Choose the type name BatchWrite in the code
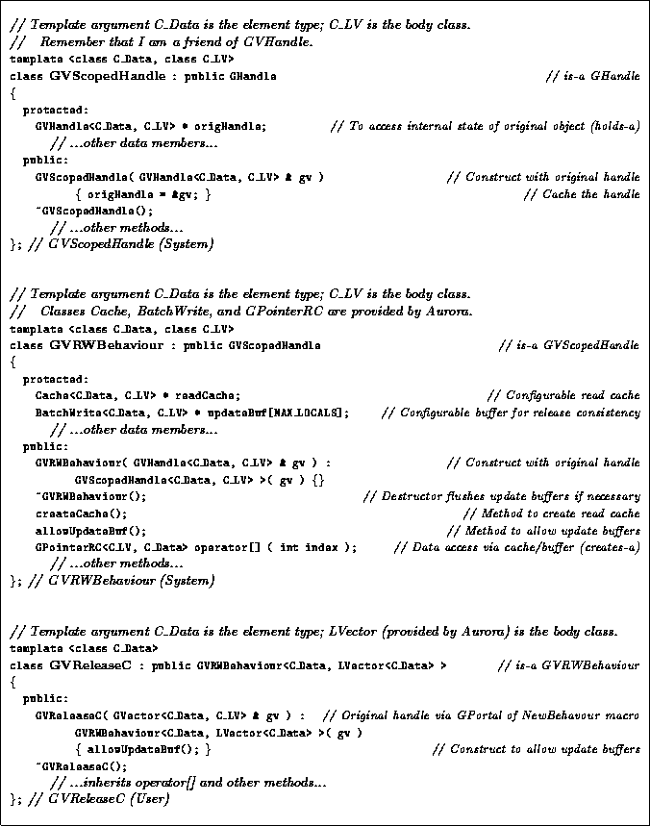click(x=61, y=413)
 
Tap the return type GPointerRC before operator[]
click(x=61, y=548)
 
